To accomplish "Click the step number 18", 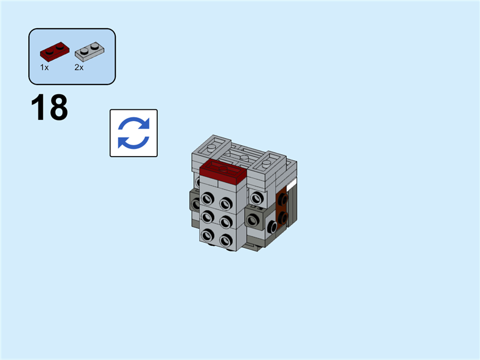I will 49,108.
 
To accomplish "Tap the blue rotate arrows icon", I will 133,133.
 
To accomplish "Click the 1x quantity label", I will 44,68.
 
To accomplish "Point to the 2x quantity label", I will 79,68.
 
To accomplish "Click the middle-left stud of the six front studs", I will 208,217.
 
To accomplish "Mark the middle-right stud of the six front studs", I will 226,221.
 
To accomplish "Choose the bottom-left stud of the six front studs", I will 208,235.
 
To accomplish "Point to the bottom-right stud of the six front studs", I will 226,240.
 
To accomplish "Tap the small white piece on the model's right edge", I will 292,186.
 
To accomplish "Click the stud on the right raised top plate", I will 269,160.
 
